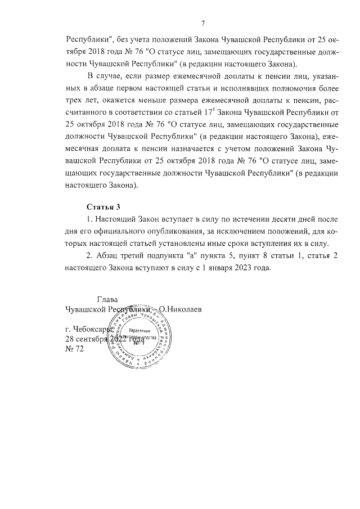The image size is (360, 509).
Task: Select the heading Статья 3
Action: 103,207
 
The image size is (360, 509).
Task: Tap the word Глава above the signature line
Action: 108,299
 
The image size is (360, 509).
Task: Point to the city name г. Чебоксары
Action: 91,330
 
